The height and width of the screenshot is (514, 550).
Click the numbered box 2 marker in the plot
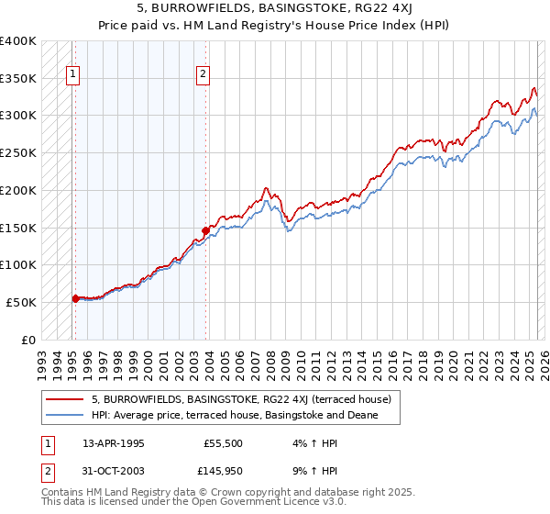[x=203, y=76]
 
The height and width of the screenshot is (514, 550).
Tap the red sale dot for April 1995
[x=75, y=297]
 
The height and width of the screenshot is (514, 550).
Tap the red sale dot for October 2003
[x=205, y=230]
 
